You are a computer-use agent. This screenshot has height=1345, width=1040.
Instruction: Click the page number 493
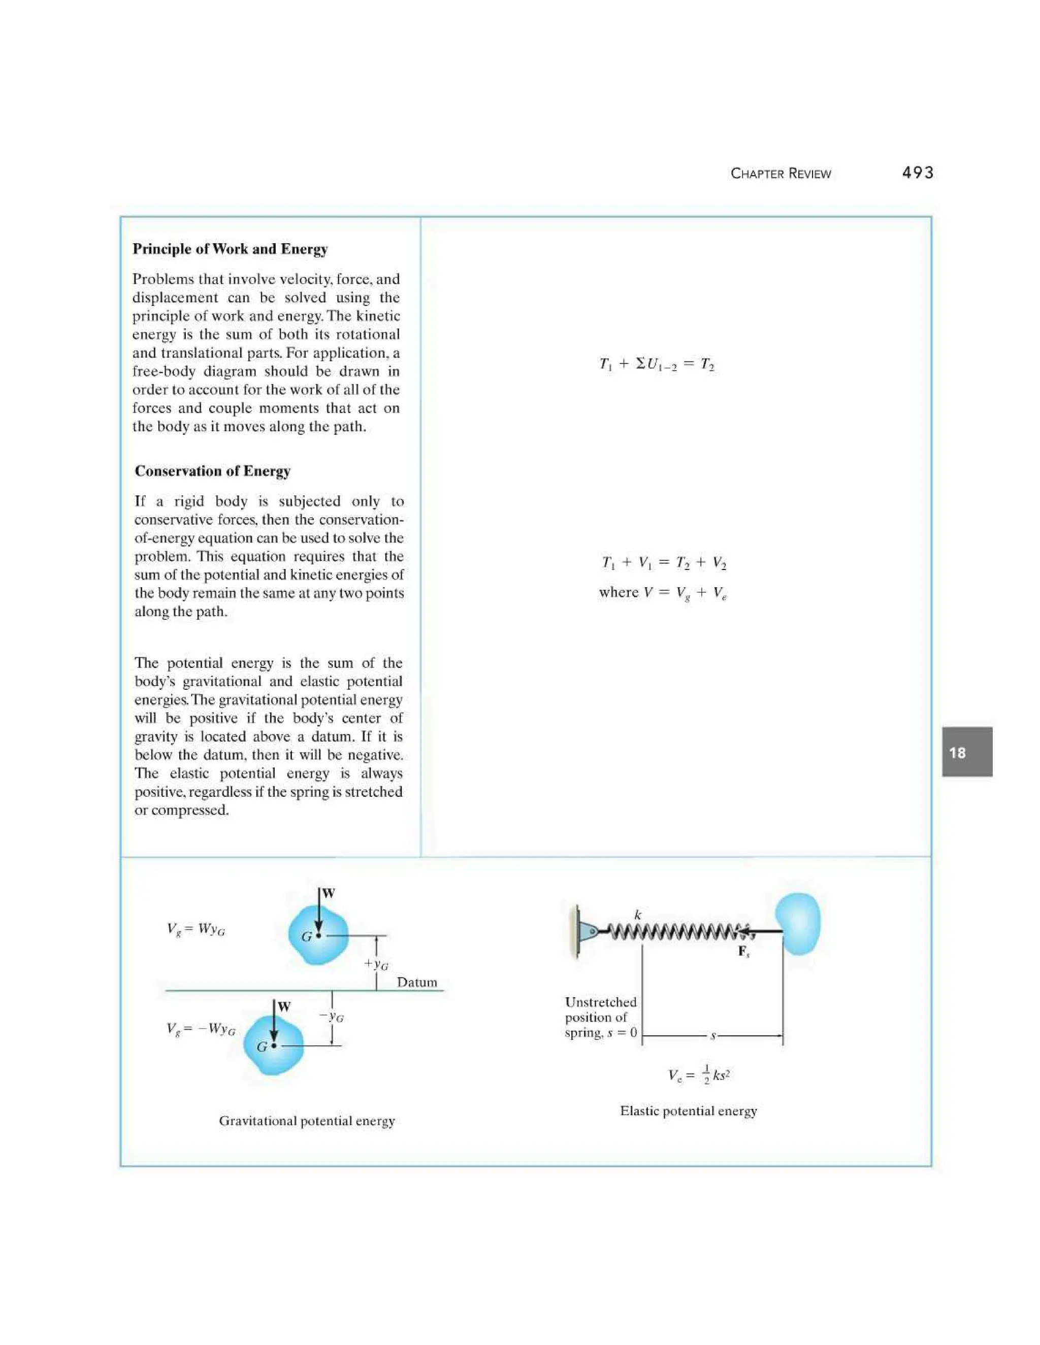918,173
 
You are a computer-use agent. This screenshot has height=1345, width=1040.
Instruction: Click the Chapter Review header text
781,174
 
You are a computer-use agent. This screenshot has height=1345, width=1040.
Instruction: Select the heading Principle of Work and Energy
230,249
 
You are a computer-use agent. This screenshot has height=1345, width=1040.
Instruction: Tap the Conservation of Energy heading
213,471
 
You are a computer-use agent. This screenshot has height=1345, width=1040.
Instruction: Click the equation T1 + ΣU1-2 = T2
657,364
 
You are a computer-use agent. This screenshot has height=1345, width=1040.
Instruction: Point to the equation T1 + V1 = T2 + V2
664,562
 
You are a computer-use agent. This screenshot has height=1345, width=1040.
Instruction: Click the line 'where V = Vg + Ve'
663,592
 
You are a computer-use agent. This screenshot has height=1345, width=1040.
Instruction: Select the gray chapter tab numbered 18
966,752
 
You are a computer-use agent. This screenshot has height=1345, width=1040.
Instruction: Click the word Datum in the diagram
416,982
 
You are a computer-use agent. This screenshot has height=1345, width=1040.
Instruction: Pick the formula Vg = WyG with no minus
196,929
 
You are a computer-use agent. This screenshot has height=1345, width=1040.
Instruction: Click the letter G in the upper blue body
306,937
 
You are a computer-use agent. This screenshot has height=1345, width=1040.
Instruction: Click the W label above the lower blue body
283,1007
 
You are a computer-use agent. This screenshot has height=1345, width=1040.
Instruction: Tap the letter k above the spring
638,915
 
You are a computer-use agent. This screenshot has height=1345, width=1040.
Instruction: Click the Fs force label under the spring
743,952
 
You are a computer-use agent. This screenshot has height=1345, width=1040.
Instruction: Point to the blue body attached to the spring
798,924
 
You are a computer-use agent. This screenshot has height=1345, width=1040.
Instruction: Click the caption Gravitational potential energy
307,1121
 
